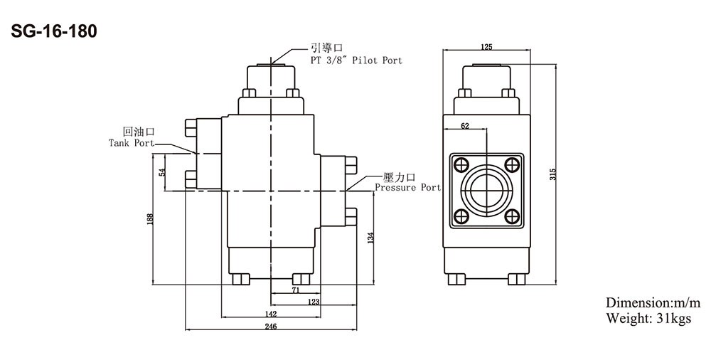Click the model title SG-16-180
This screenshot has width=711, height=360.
click(54, 32)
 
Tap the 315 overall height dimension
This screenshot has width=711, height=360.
click(552, 174)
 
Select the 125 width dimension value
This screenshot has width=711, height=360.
click(486, 47)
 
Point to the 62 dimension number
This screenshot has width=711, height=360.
click(465, 126)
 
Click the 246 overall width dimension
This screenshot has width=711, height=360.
click(271, 326)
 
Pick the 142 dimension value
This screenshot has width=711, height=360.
click(271, 314)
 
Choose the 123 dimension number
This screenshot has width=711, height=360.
click(314, 302)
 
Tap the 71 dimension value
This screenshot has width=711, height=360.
click(296, 291)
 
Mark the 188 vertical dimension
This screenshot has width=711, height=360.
click(151, 219)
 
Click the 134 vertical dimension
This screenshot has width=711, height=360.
click(371, 238)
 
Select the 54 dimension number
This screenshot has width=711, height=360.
click(162, 172)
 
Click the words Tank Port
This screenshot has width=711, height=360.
click(132, 143)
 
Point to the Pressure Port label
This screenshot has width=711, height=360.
click(407, 187)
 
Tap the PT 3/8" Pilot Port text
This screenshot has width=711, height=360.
click(356, 60)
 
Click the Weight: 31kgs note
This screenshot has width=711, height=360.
click(648, 318)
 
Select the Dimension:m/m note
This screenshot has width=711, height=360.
click(653, 302)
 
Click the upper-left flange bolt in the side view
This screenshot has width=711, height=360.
click(461, 164)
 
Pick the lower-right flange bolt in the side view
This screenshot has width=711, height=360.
click(512, 216)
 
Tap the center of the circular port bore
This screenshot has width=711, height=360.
click(486, 190)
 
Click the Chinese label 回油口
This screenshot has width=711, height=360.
click(139, 132)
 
